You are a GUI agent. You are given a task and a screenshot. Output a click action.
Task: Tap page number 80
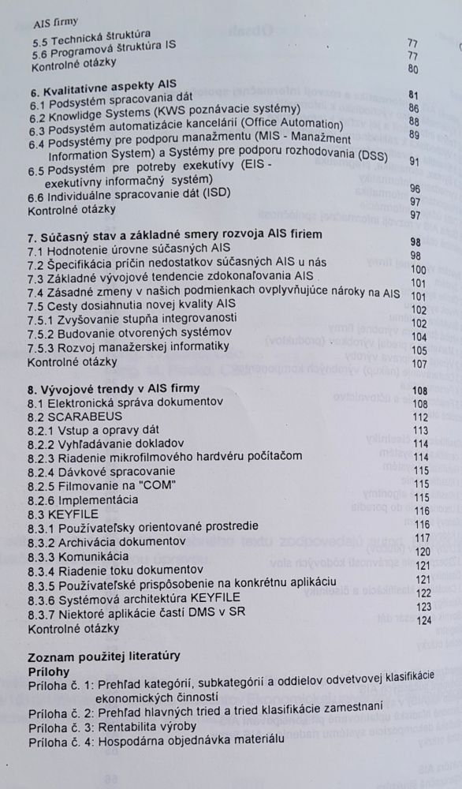click(x=412, y=68)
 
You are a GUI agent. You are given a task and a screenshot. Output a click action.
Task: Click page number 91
click(x=413, y=160)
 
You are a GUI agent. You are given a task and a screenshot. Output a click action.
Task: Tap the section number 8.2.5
click(x=42, y=484)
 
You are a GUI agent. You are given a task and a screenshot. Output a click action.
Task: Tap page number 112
click(x=419, y=417)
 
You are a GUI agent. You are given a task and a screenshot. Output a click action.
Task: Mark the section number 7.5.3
click(x=43, y=346)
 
